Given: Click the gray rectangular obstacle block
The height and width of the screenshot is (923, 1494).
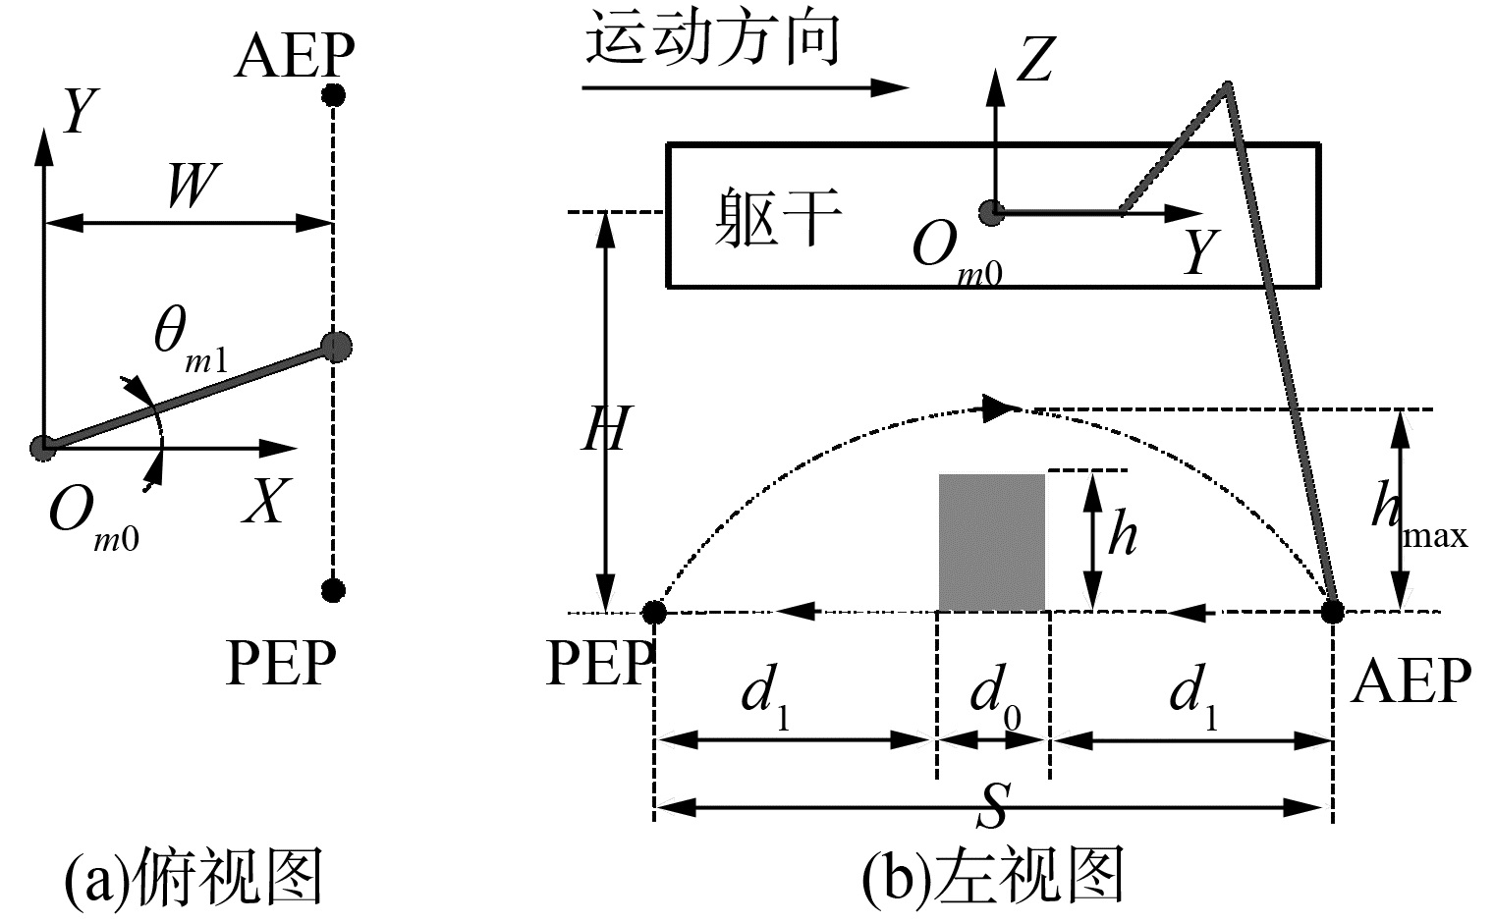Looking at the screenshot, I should [x=991, y=542].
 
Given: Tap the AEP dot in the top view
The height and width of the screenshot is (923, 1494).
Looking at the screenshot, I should [x=334, y=95].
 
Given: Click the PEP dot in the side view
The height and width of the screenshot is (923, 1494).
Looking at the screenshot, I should [x=654, y=613].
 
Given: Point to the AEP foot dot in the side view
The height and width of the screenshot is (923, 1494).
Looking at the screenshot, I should [x=1332, y=612].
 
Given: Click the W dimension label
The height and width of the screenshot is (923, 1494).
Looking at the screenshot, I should [x=190, y=186].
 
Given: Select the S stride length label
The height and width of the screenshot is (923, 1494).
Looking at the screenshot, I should [x=994, y=805].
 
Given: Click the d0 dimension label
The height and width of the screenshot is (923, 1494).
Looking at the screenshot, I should [x=994, y=698].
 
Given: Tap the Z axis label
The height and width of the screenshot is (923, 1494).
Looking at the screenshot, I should [x=1035, y=60].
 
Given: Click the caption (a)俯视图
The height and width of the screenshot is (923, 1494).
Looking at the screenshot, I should [x=193, y=877].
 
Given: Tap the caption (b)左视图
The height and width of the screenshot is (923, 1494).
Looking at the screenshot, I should [x=992, y=877].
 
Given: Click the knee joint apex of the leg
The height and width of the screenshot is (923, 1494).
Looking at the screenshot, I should [x=1226, y=88].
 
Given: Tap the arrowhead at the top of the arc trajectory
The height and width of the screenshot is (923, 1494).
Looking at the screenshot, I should [x=1000, y=407].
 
